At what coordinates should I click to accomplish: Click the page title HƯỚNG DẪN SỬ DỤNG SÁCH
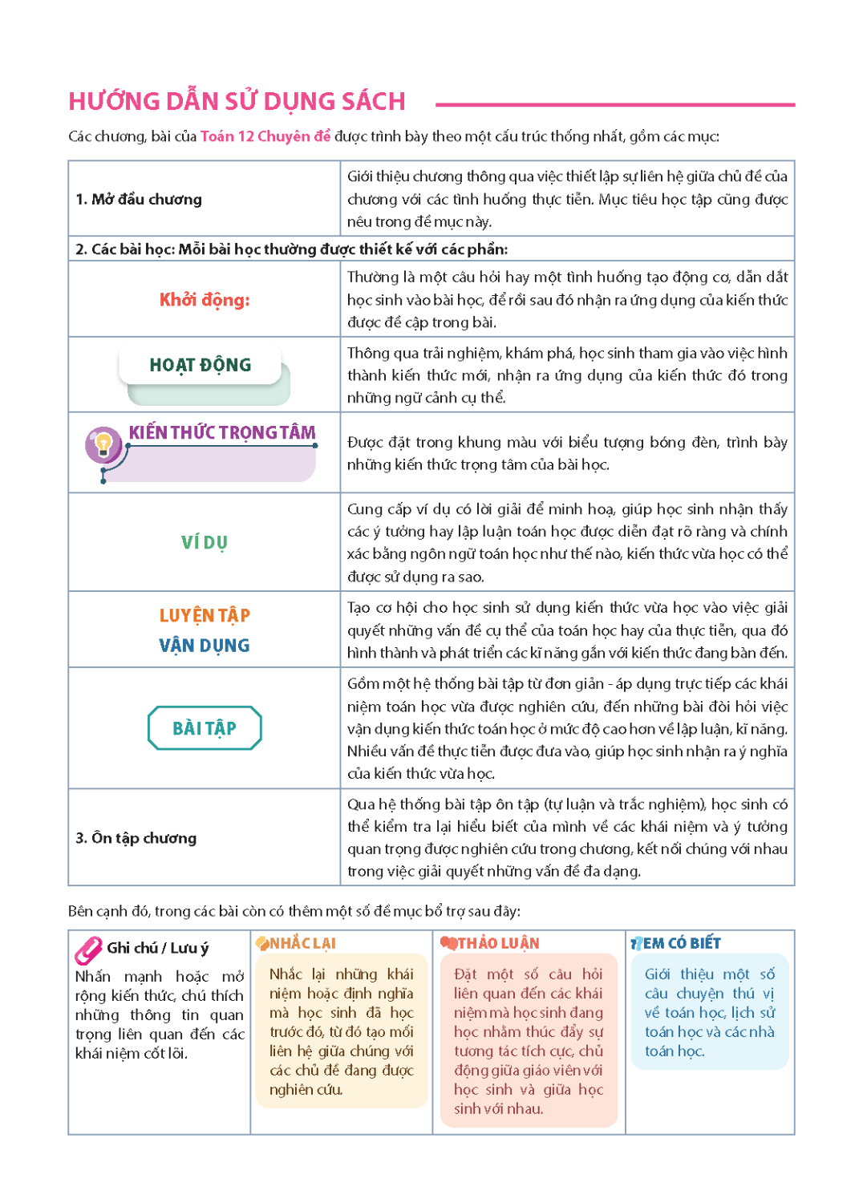click(237, 102)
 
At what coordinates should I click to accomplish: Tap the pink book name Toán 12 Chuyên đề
click(265, 136)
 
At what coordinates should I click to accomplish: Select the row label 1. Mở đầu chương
click(139, 199)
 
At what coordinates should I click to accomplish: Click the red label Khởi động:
click(205, 300)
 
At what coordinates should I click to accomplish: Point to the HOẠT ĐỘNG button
click(201, 366)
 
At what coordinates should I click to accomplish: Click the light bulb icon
click(103, 444)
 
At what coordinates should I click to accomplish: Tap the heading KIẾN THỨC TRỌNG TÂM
click(222, 433)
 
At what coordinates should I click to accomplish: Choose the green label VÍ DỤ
click(205, 543)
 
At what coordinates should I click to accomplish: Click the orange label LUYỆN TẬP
click(205, 616)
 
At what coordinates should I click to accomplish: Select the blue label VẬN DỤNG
click(205, 646)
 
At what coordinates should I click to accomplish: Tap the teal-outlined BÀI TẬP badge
click(205, 728)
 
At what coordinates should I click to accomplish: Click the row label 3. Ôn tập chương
click(136, 838)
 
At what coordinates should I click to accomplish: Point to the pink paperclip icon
click(88, 950)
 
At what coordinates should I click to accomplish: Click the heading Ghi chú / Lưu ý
click(157, 948)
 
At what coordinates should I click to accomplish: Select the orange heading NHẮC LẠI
click(302, 943)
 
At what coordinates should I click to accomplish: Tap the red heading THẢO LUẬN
click(498, 943)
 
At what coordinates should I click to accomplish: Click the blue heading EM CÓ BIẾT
click(682, 943)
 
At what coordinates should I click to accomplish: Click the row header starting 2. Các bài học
click(291, 249)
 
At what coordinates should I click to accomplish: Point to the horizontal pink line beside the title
click(615, 104)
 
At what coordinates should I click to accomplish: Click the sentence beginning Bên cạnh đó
click(294, 911)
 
